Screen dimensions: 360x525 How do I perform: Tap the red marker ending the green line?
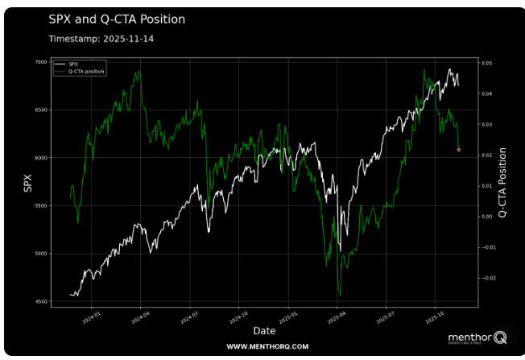pyautogui.click(x=458, y=150)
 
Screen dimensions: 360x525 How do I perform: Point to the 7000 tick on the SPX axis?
pyautogui.click(x=40, y=62)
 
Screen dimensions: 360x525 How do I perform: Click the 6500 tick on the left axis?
pyautogui.click(x=40, y=110)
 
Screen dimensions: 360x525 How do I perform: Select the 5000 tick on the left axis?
pyautogui.click(x=40, y=254)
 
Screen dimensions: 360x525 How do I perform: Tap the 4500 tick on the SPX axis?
pyautogui.click(x=40, y=302)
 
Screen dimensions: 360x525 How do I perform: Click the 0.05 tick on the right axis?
pyautogui.click(x=486, y=63)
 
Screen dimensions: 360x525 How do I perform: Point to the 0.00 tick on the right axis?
pyautogui.click(x=486, y=217)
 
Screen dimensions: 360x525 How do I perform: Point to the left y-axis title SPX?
pyautogui.click(x=28, y=183)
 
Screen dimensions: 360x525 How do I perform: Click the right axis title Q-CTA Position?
pyautogui.click(x=503, y=183)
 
